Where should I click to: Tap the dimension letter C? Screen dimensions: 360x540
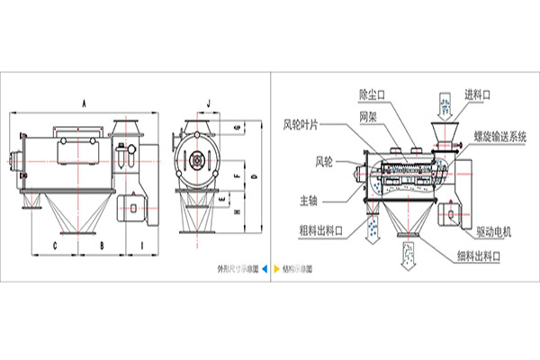[x=55, y=244]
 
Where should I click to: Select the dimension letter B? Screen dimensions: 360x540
[x=102, y=244]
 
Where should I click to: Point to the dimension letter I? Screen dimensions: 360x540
[x=143, y=244]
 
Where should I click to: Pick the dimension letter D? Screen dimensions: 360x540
[x=255, y=176]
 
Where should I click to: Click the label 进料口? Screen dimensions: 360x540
[x=478, y=94]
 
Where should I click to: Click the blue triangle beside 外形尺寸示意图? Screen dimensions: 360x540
[x=263, y=268]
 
